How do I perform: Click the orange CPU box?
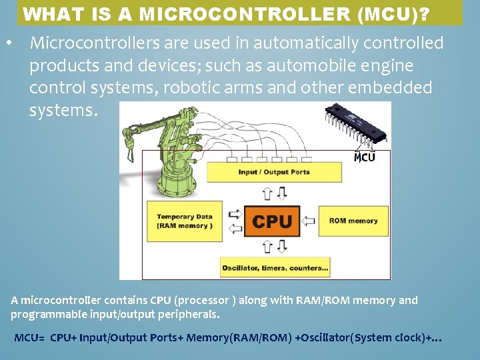click(273, 221)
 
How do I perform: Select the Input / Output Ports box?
click(274, 172)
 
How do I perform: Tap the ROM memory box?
click(353, 221)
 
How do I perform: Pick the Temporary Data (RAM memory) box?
click(185, 221)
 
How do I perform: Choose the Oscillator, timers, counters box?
click(275, 268)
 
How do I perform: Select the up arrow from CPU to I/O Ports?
click(267, 193)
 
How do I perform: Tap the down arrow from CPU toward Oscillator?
click(281, 247)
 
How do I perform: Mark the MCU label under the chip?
click(364, 158)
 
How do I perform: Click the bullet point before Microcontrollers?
click(9, 43)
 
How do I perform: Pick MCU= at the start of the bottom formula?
click(29, 338)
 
